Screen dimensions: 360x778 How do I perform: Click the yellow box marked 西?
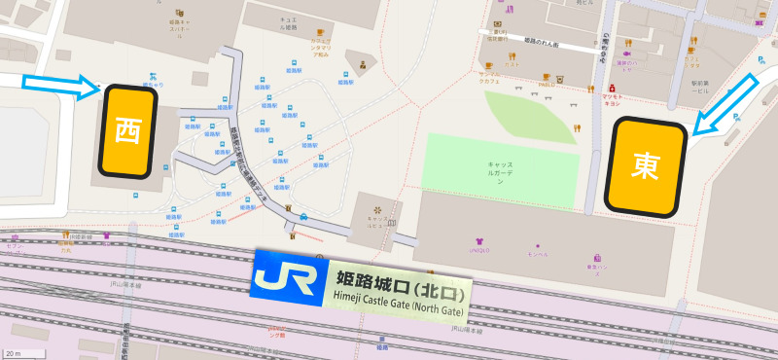click(127, 131)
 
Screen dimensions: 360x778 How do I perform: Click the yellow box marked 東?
click(645, 167)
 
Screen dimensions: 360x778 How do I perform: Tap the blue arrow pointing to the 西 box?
click(59, 85)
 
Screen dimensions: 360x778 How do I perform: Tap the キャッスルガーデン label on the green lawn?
click(500, 173)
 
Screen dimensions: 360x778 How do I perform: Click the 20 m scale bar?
click(14, 353)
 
